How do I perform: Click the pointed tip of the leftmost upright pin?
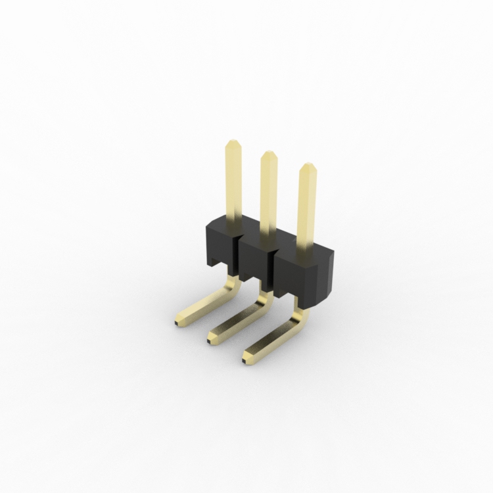[233, 143]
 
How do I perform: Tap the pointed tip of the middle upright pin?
[269, 155]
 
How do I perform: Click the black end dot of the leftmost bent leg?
[177, 323]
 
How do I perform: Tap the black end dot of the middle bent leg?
[210, 340]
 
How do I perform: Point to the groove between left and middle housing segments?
[237, 253]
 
